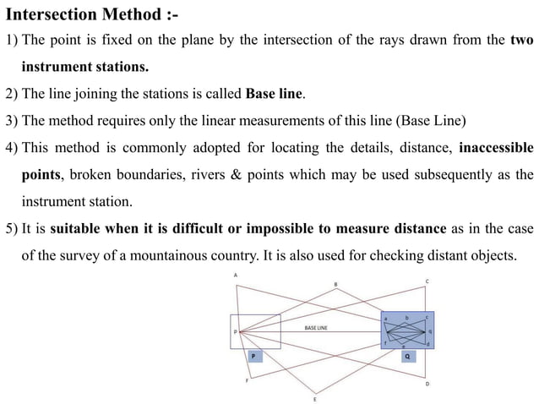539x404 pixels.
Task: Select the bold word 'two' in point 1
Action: (522, 41)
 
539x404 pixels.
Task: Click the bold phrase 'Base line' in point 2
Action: (274, 93)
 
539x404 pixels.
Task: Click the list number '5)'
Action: (13, 228)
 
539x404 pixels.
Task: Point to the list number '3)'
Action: (13, 119)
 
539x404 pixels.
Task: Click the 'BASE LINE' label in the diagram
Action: (316, 326)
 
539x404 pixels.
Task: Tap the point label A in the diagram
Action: (236, 276)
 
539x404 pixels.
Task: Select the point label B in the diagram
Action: (336, 283)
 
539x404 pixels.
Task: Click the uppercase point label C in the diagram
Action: (427, 281)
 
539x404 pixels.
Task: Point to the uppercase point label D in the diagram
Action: (427, 385)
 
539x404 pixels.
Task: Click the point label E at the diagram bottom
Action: (314, 399)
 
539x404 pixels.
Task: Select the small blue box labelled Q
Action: (407, 357)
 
